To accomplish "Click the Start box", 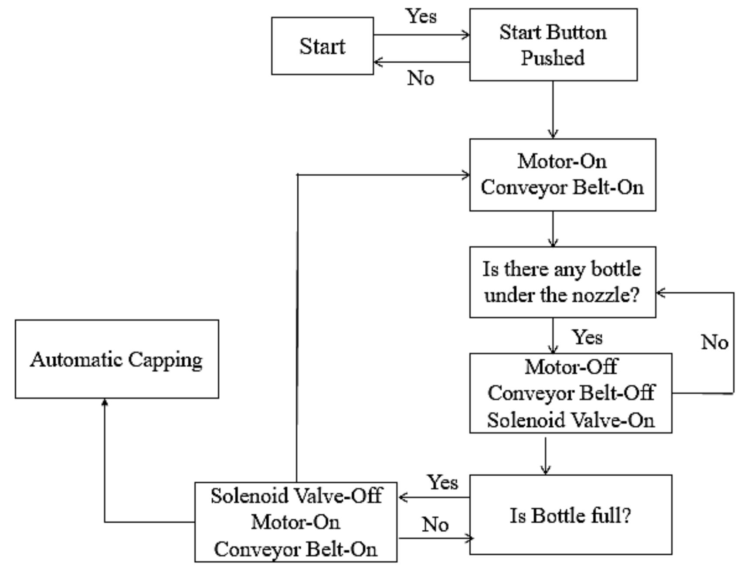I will (322, 46).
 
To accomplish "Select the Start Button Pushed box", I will (553, 44).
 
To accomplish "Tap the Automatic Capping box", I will (116, 359).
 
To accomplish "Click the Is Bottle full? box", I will (570, 515).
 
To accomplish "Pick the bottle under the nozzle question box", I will (562, 282).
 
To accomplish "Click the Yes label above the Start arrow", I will (421, 16).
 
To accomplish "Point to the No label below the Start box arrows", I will (421, 78).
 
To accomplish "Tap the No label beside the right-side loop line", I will (714, 342).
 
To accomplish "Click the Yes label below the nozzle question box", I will (587, 337).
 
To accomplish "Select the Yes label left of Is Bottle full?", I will (443, 482).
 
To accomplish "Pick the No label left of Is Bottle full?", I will (435, 524).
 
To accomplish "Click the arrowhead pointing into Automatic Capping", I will (105, 402).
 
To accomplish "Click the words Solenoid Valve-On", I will (570, 420).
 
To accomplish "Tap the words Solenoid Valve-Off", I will (296, 496).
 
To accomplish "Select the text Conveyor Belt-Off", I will (570, 393).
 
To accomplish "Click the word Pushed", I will (553, 58).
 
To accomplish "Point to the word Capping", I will (165, 360).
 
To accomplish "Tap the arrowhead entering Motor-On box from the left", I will (466, 175).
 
